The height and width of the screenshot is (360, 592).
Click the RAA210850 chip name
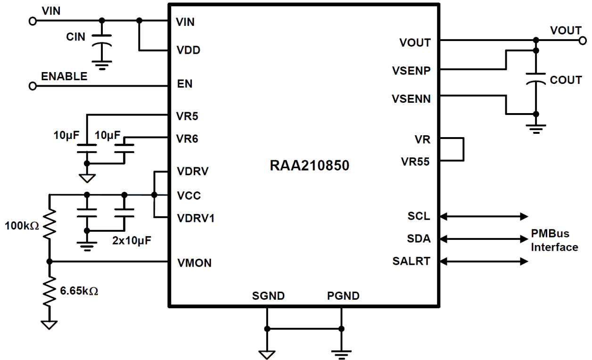(310, 166)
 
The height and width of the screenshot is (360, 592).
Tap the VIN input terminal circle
(33, 21)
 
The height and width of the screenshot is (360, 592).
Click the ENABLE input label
(64, 76)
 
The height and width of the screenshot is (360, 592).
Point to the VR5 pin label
(187, 115)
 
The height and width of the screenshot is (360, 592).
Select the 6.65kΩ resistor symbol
(49, 291)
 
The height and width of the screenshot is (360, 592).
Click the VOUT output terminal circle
(583, 41)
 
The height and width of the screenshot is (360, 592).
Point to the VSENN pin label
(411, 99)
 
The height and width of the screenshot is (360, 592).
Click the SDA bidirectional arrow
(483, 239)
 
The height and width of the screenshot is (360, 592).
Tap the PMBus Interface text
(554, 240)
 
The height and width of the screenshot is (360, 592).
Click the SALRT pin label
(411, 261)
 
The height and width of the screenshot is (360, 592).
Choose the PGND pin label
(343, 296)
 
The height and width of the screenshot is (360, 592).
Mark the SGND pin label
(268, 296)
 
